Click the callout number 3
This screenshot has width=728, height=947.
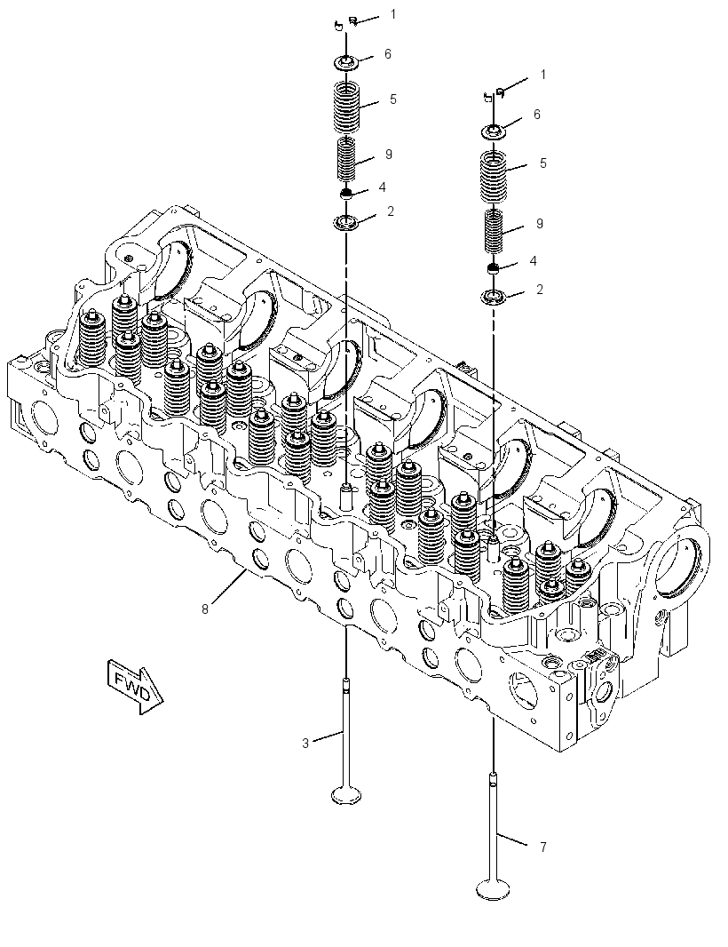point(305,744)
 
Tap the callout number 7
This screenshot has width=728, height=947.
point(542,848)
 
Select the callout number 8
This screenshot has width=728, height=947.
point(204,609)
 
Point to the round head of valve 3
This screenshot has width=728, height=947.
point(346,795)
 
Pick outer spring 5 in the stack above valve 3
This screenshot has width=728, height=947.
point(346,107)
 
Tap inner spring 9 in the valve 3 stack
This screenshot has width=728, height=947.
point(346,159)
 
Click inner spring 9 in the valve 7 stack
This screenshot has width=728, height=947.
point(495,231)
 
